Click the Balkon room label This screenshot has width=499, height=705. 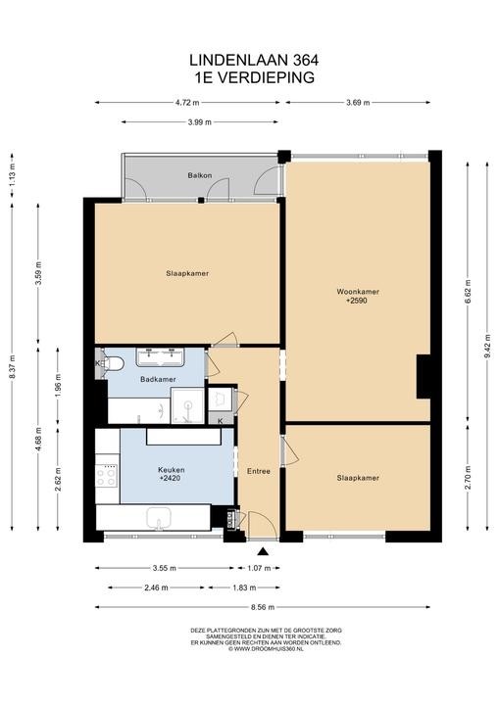[x=200, y=175]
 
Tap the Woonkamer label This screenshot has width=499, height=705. [x=358, y=292]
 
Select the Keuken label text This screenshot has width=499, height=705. [x=172, y=470]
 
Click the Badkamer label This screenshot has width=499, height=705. [x=158, y=380]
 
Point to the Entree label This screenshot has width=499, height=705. [x=259, y=471]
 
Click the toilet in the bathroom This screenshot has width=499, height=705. [x=113, y=363]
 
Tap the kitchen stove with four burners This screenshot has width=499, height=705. [x=107, y=477]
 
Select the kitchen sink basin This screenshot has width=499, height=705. [x=158, y=518]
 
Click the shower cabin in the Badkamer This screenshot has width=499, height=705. [x=187, y=405]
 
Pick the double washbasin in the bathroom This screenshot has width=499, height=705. [x=161, y=357]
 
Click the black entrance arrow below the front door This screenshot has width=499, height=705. [x=263, y=552]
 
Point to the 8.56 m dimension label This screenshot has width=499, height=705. [x=263, y=607]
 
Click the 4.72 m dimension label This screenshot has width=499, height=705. [x=187, y=103]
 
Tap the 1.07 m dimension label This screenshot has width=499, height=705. [x=259, y=568]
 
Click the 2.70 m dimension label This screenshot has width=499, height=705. [x=468, y=478]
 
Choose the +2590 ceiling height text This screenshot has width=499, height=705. [x=357, y=301]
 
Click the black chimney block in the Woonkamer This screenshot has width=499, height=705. [x=424, y=376]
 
